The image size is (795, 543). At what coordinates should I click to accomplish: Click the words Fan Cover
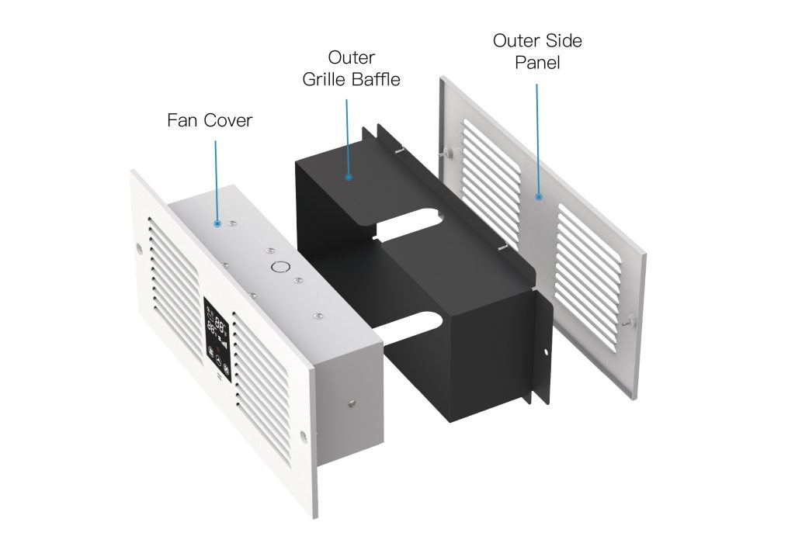click(x=210, y=120)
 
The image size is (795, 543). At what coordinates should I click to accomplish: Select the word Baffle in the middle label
click(x=375, y=80)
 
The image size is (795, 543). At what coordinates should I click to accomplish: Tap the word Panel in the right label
click(x=537, y=63)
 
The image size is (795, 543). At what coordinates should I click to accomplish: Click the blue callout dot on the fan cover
click(x=217, y=223)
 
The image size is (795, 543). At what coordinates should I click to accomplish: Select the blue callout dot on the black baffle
click(x=349, y=178)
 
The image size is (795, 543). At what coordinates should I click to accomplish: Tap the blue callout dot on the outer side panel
click(x=539, y=196)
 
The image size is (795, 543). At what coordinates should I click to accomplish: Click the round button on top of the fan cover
click(x=279, y=266)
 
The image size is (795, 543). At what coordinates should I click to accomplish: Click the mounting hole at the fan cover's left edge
click(x=140, y=249)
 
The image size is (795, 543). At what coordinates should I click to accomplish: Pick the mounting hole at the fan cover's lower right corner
click(x=304, y=435)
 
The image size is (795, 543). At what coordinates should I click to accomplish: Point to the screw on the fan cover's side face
click(x=352, y=403)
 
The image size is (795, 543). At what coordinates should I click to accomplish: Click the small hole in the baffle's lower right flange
click(x=546, y=351)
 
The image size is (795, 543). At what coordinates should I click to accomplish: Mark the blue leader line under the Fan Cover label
click(x=217, y=181)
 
